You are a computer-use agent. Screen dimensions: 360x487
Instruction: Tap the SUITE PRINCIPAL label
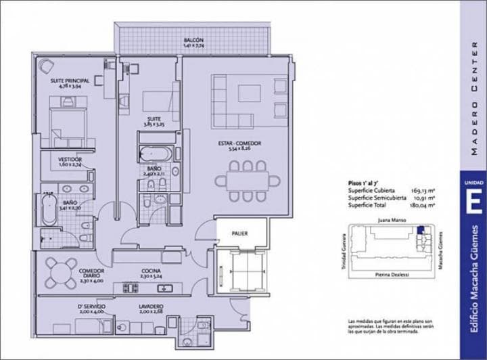[x=70, y=81]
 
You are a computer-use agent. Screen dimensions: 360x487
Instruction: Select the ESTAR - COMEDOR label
[x=239, y=143]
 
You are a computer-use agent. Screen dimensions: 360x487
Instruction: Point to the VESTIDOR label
[x=70, y=160]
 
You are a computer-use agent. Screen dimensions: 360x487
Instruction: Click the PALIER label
[x=239, y=233]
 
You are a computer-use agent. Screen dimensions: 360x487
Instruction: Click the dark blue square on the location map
[x=421, y=231]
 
